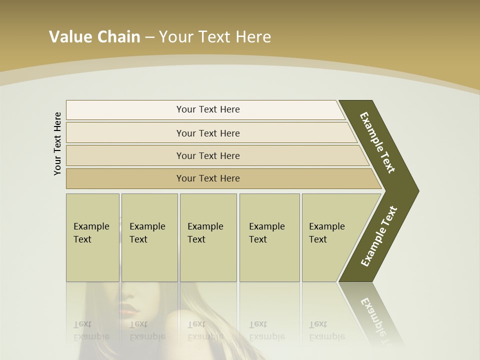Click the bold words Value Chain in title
coord(94,37)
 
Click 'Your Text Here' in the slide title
coord(215,37)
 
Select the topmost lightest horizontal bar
coord(205,109)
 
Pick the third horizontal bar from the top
coord(215,155)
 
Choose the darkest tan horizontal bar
coord(220,178)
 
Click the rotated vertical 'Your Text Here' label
coord(57,143)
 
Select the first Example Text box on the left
coord(92,237)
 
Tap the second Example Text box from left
coord(149,237)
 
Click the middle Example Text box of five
coord(208,237)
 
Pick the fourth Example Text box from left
coord(269,237)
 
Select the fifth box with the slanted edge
coord(332,237)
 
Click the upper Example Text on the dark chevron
coord(377,143)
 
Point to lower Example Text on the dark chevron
coord(379,236)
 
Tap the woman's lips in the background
coord(129,310)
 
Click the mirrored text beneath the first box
coord(91,330)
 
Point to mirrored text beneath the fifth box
coord(326,330)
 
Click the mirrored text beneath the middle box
coord(205,330)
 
